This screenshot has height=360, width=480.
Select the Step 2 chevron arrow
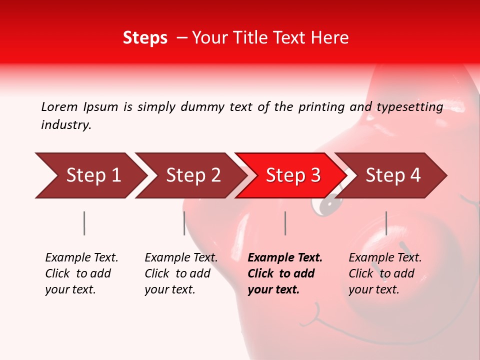pyautogui.click(x=193, y=175)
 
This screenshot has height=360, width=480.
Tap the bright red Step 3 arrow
pyautogui.click(x=293, y=175)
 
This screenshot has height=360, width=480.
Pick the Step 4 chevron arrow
pyautogui.click(x=393, y=175)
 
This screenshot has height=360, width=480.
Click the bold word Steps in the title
pyautogui.click(x=145, y=38)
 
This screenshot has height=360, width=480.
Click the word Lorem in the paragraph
pyautogui.click(x=59, y=106)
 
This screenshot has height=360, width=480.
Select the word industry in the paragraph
pyautogui.click(x=65, y=125)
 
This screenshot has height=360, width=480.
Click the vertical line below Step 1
pyautogui.click(x=84, y=223)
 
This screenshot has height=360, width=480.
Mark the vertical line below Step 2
pyautogui.click(x=184, y=223)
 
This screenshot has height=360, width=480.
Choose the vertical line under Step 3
pyautogui.click(x=285, y=223)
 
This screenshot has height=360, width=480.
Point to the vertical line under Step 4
pyautogui.click(x=386, y=223)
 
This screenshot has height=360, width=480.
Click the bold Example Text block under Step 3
pyautogui.click(x=284, y=273)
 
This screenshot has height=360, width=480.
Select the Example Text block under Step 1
pyautogui.click(x=81, y=273)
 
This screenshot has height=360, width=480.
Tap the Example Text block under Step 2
pyautogui.click(x=180, y=273)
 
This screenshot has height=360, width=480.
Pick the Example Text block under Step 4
pyautogui.click(x=384, y=273)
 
